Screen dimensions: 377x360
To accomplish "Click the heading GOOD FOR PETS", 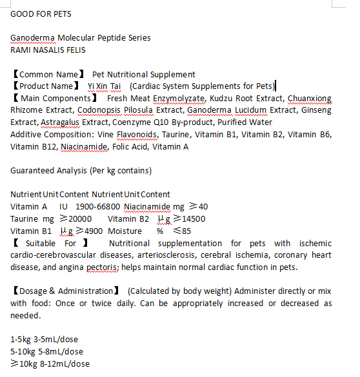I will coord(41,14).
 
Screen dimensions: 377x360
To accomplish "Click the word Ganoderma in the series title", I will coord(32,37).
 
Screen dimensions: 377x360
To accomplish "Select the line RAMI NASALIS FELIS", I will coord(48,49).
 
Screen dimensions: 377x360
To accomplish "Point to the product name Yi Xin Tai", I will coord(105,86).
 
